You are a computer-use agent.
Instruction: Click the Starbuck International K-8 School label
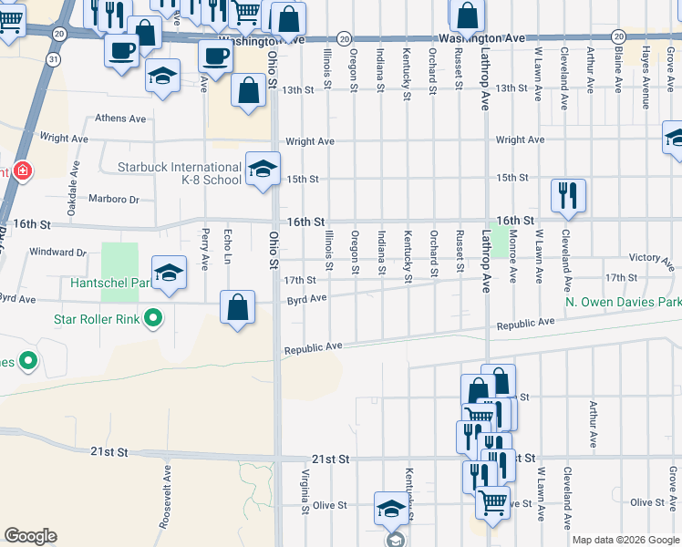[x=180, y=173]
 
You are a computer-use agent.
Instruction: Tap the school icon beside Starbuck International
[x=262, y=169]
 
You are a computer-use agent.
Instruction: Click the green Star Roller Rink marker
[x=153, y=318]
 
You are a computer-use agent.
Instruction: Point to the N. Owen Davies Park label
[x=623, y=302]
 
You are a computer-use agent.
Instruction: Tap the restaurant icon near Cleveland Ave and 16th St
[x=567, y=195]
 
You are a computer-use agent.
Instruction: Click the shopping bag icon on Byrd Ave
[x=237, y=306]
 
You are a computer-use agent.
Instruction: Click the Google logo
[x=30, y=536]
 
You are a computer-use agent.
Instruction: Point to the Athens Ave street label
[x=121, y=119]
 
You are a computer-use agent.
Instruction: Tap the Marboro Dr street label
[x=113, y=199]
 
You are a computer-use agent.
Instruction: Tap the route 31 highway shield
[x=54, y=59]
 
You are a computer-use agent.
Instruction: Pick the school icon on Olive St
[x=391, y=508]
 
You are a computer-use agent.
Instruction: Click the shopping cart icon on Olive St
[x=493, y=501]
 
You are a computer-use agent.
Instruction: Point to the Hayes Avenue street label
[x=646, y=67]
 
